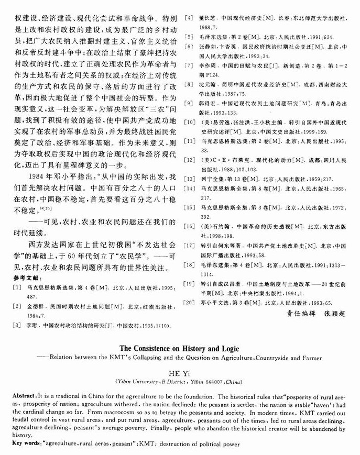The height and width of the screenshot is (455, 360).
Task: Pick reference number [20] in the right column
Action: click(189, 302)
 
